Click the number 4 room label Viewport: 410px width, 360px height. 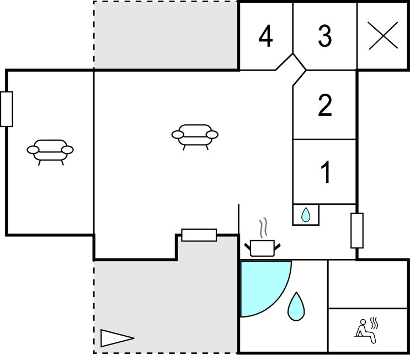[x=265, y=36]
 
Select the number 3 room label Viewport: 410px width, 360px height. [x=325, y=36]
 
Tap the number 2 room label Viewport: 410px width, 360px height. [x=325, y=105]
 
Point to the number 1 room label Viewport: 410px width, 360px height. [x=326, y=172]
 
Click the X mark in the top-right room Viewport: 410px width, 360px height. [x=383, y=35]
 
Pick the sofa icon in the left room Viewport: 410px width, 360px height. [x=50, y=152]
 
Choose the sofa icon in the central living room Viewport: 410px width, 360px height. [x=195, y=137]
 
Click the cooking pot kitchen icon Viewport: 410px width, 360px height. [x=262, y=248]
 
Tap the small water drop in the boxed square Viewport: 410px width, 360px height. [x=305, y=215]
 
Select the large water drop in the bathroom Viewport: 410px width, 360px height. [x=296, y=306]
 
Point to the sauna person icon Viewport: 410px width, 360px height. [x=365, y=331]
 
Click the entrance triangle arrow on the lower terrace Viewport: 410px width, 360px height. [x=117, y=338]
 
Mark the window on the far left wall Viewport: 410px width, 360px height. [x=7, y=109]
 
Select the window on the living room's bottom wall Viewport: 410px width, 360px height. [x=199, y=235]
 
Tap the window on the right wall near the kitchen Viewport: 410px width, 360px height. [x=357, y=230]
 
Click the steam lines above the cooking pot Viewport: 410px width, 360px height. [x=264, y=227]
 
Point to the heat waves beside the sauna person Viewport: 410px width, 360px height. [x=375, y=323]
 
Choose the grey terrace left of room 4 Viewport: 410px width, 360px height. [x=166, y=35]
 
